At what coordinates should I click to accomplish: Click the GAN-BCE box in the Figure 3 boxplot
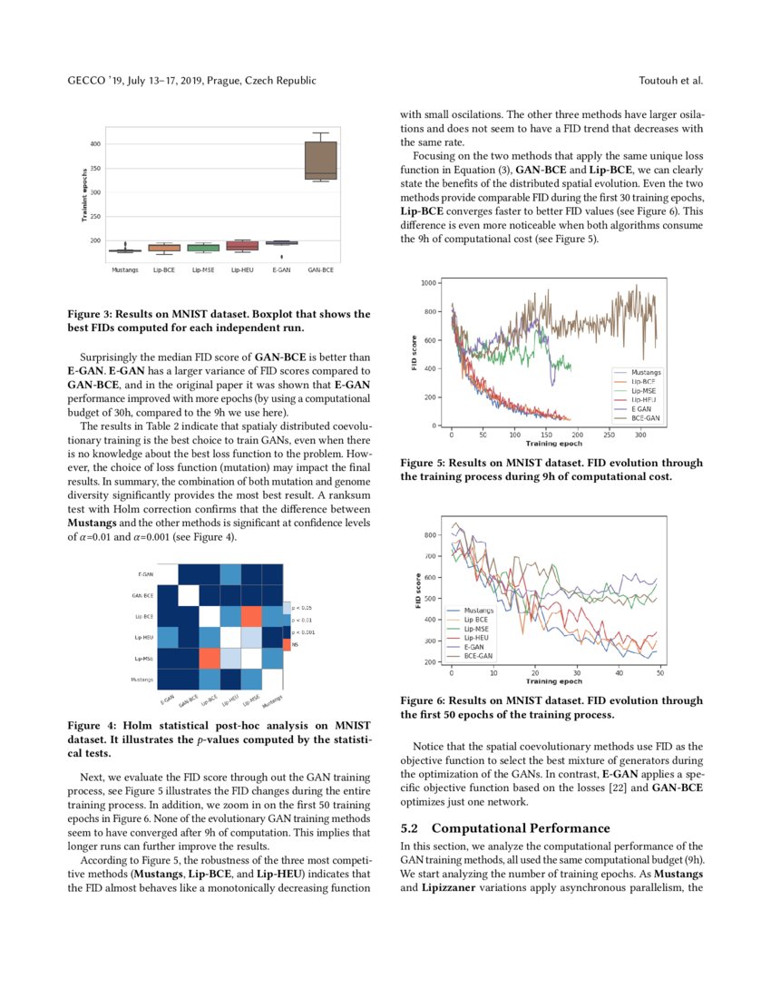click(320, 161)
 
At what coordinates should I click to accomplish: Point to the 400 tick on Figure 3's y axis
click(95, 144)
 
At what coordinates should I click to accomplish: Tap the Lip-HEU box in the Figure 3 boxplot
click(242, 245)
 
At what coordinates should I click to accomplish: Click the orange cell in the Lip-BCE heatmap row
click(251, 617)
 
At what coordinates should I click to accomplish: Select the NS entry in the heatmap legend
click(296, 643)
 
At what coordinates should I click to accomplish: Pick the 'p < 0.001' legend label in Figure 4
click(302, 631)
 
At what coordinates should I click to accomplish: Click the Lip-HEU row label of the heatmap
click(142, 638)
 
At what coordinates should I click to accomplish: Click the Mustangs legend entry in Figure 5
click(646, 372)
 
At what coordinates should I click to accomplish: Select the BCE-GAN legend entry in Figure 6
click(478, 654)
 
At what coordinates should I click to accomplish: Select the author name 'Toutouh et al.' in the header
click(671, 81)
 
